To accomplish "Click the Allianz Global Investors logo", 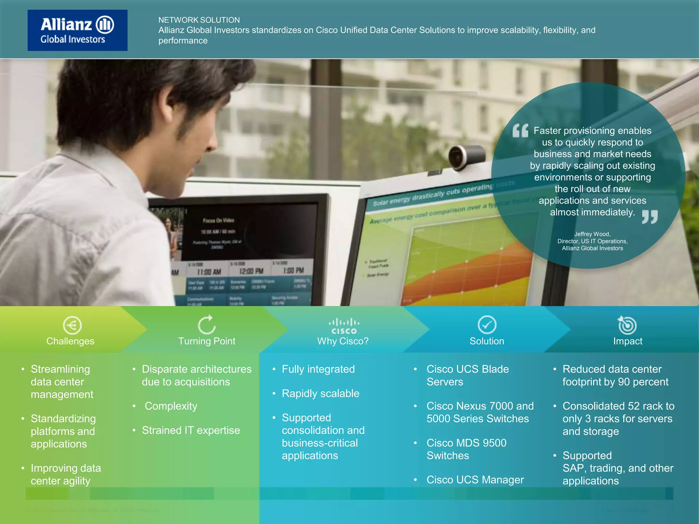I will pos(77,30).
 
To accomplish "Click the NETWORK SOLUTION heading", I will pos(199,20).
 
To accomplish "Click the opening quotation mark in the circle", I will pos(520,131).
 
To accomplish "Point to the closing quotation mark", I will pos(650,217).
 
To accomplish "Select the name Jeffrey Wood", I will pos(592,234).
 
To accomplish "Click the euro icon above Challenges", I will pos(72,325).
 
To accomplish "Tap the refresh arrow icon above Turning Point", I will pos(207,324).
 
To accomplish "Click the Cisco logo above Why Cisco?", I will pos(344,326).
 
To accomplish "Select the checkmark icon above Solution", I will pos(487,324).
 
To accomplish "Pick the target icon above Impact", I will pos(627,325).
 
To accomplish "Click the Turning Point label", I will pos(207,341).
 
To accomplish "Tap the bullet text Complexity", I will pos(171,406).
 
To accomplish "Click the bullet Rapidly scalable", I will pos(320,394).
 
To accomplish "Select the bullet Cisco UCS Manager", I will pos(475,480).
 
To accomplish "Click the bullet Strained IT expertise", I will pos(191,431).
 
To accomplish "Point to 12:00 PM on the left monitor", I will pos(251,272).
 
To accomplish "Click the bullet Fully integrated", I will pos(318,369).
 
